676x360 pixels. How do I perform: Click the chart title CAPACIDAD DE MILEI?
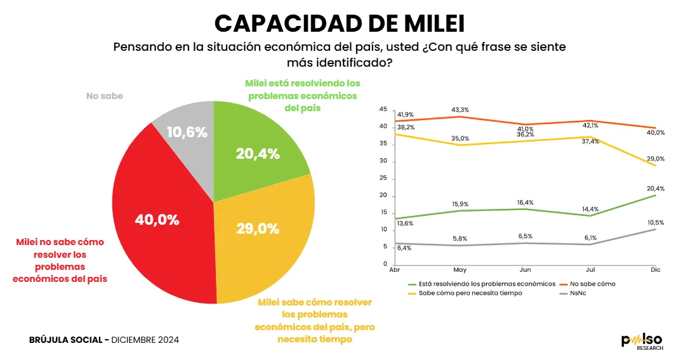[339, 23]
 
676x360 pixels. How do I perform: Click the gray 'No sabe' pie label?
[104, 97]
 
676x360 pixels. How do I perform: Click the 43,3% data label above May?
[460, 110]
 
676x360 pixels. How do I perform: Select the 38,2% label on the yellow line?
[406, 127]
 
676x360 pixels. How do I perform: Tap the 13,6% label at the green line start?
[404, 223]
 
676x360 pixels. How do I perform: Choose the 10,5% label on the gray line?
[656, 223]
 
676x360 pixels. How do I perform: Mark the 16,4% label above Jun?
[525, 203]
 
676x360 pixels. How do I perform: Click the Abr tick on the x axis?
[395, 270]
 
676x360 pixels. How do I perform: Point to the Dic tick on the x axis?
[656, 270]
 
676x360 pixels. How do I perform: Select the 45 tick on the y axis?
[383, 109]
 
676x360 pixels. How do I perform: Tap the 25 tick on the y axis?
[383, 178]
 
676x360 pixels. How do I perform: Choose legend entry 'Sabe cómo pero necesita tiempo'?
[469, 293]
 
